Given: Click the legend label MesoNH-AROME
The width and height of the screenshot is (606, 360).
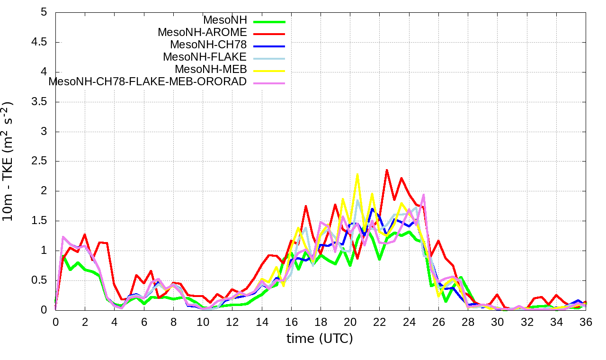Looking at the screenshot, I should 202,33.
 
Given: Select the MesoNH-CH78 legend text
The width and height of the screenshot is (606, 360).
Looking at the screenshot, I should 208,45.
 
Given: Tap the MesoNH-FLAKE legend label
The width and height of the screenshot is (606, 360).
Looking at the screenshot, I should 205,57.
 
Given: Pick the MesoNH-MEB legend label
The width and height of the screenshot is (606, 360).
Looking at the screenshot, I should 211,70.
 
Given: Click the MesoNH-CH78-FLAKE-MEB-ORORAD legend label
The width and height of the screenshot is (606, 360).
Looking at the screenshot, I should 148,82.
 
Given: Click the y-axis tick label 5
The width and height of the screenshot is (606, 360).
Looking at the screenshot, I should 44,12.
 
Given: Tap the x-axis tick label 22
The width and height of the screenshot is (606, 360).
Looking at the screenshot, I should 380,322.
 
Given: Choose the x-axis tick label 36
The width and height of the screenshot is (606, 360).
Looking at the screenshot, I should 586,322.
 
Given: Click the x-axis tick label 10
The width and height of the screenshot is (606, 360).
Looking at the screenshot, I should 203,322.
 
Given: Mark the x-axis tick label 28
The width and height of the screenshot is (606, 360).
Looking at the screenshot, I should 468,322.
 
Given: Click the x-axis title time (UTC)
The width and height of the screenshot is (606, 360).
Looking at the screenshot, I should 320,339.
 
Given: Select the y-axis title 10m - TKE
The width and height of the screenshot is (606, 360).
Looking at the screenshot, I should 9,161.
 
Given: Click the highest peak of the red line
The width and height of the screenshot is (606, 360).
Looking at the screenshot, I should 387,170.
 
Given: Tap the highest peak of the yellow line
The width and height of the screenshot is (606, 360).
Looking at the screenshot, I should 357,174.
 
